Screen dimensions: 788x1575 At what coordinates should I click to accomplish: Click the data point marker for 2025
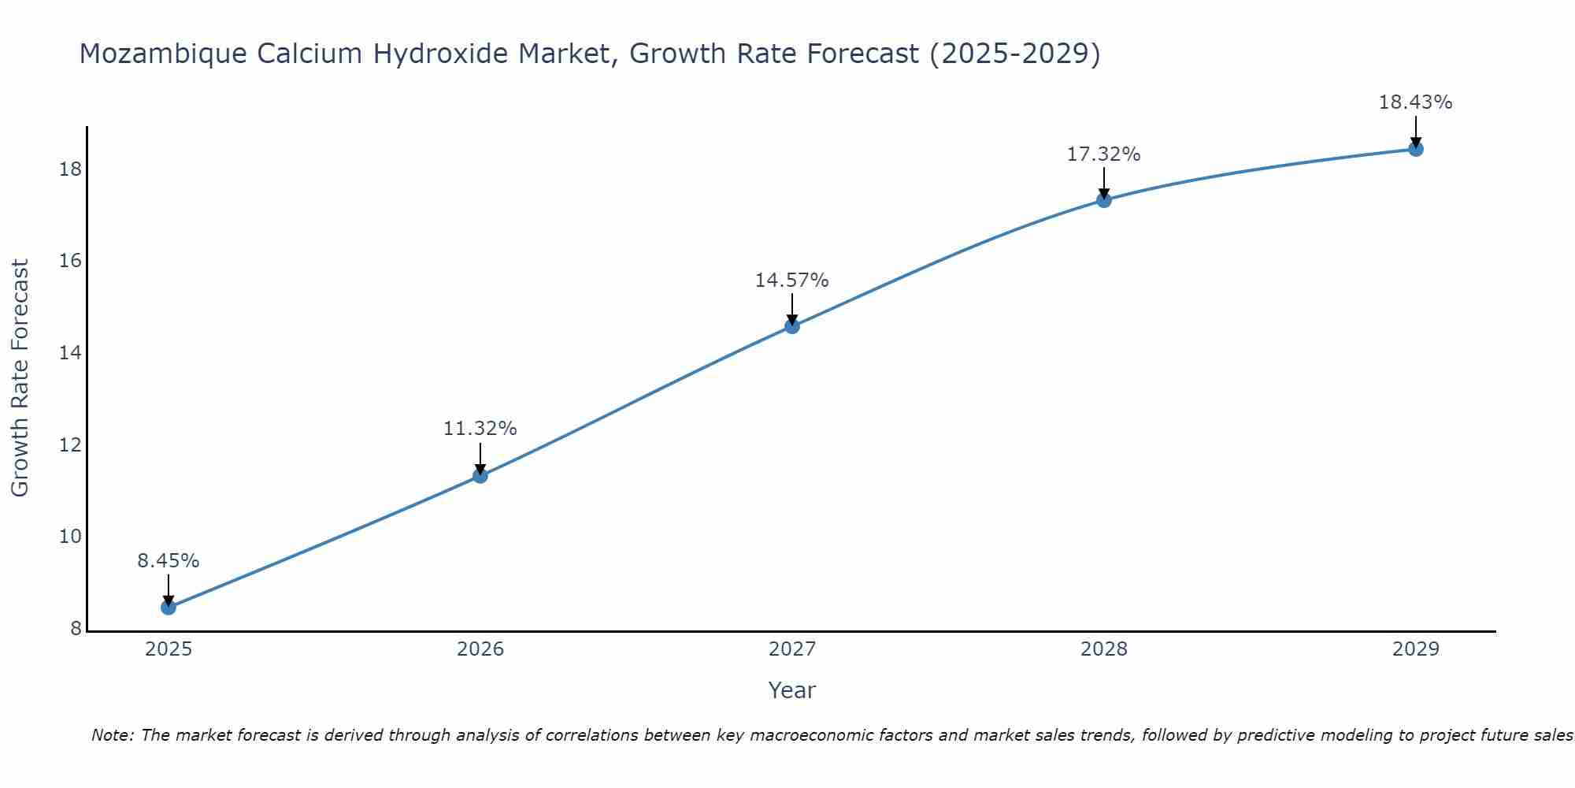[168, 608]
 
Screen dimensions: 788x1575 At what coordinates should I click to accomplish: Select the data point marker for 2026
[480, 475]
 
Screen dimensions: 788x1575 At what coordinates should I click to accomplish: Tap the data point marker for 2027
[791, 326]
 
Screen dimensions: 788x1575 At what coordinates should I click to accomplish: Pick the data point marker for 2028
[1103, 200]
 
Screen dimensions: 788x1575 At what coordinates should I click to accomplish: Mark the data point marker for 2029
[1415, 149]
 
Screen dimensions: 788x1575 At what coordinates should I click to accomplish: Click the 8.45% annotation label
[168, 561]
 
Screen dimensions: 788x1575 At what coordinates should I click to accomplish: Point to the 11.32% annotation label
[480, 429]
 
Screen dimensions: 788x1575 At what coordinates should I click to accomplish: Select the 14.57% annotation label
[791, 281]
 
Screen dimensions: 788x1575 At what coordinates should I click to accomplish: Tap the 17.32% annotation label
[1103, 154]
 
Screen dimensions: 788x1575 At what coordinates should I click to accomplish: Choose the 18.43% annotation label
[1415, 102]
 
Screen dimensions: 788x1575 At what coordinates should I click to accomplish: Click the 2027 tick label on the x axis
[791, 649]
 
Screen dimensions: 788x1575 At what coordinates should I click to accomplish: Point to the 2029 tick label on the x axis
[1415, 649]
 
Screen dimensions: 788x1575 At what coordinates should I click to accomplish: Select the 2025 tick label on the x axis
[168, 649]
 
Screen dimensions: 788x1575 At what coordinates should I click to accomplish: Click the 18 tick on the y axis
[71, 169]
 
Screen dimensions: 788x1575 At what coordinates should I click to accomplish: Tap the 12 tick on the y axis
[71, 445]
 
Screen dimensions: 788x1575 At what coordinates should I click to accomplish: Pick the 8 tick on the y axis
[76, 629]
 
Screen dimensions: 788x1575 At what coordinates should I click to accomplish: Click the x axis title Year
[791, 690]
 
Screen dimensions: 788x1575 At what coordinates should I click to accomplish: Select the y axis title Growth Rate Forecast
[20, 378]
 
